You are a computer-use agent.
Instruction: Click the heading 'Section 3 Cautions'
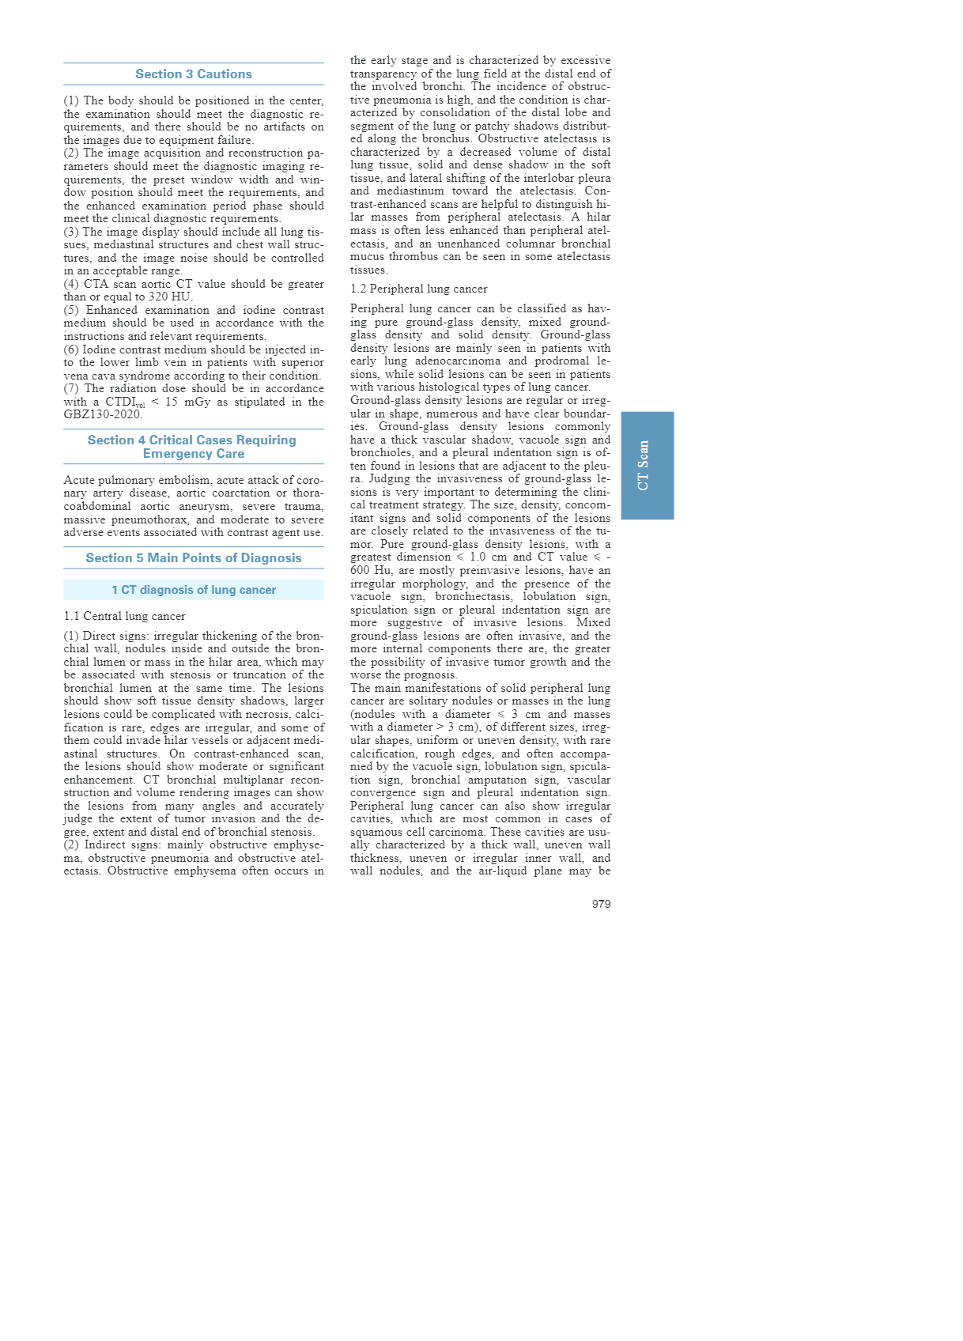click(x=194, y=74)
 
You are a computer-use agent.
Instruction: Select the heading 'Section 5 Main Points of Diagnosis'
click(x=194, y=558)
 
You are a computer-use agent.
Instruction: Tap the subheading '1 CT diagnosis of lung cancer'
click(x=194, y=590)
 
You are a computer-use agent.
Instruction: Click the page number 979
click(x=601, y=904)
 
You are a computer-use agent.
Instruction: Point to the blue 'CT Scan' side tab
click(x=647, y=465)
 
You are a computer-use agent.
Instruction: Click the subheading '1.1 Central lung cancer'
click(x=124, y=616)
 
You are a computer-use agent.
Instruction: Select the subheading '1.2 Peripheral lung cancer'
click(x=418, y=289)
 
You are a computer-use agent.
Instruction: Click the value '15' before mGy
click(x=172, y=402)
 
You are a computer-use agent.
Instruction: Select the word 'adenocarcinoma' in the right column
click(x=458, y=361)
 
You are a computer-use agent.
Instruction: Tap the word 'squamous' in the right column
click(x=375, y=832)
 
